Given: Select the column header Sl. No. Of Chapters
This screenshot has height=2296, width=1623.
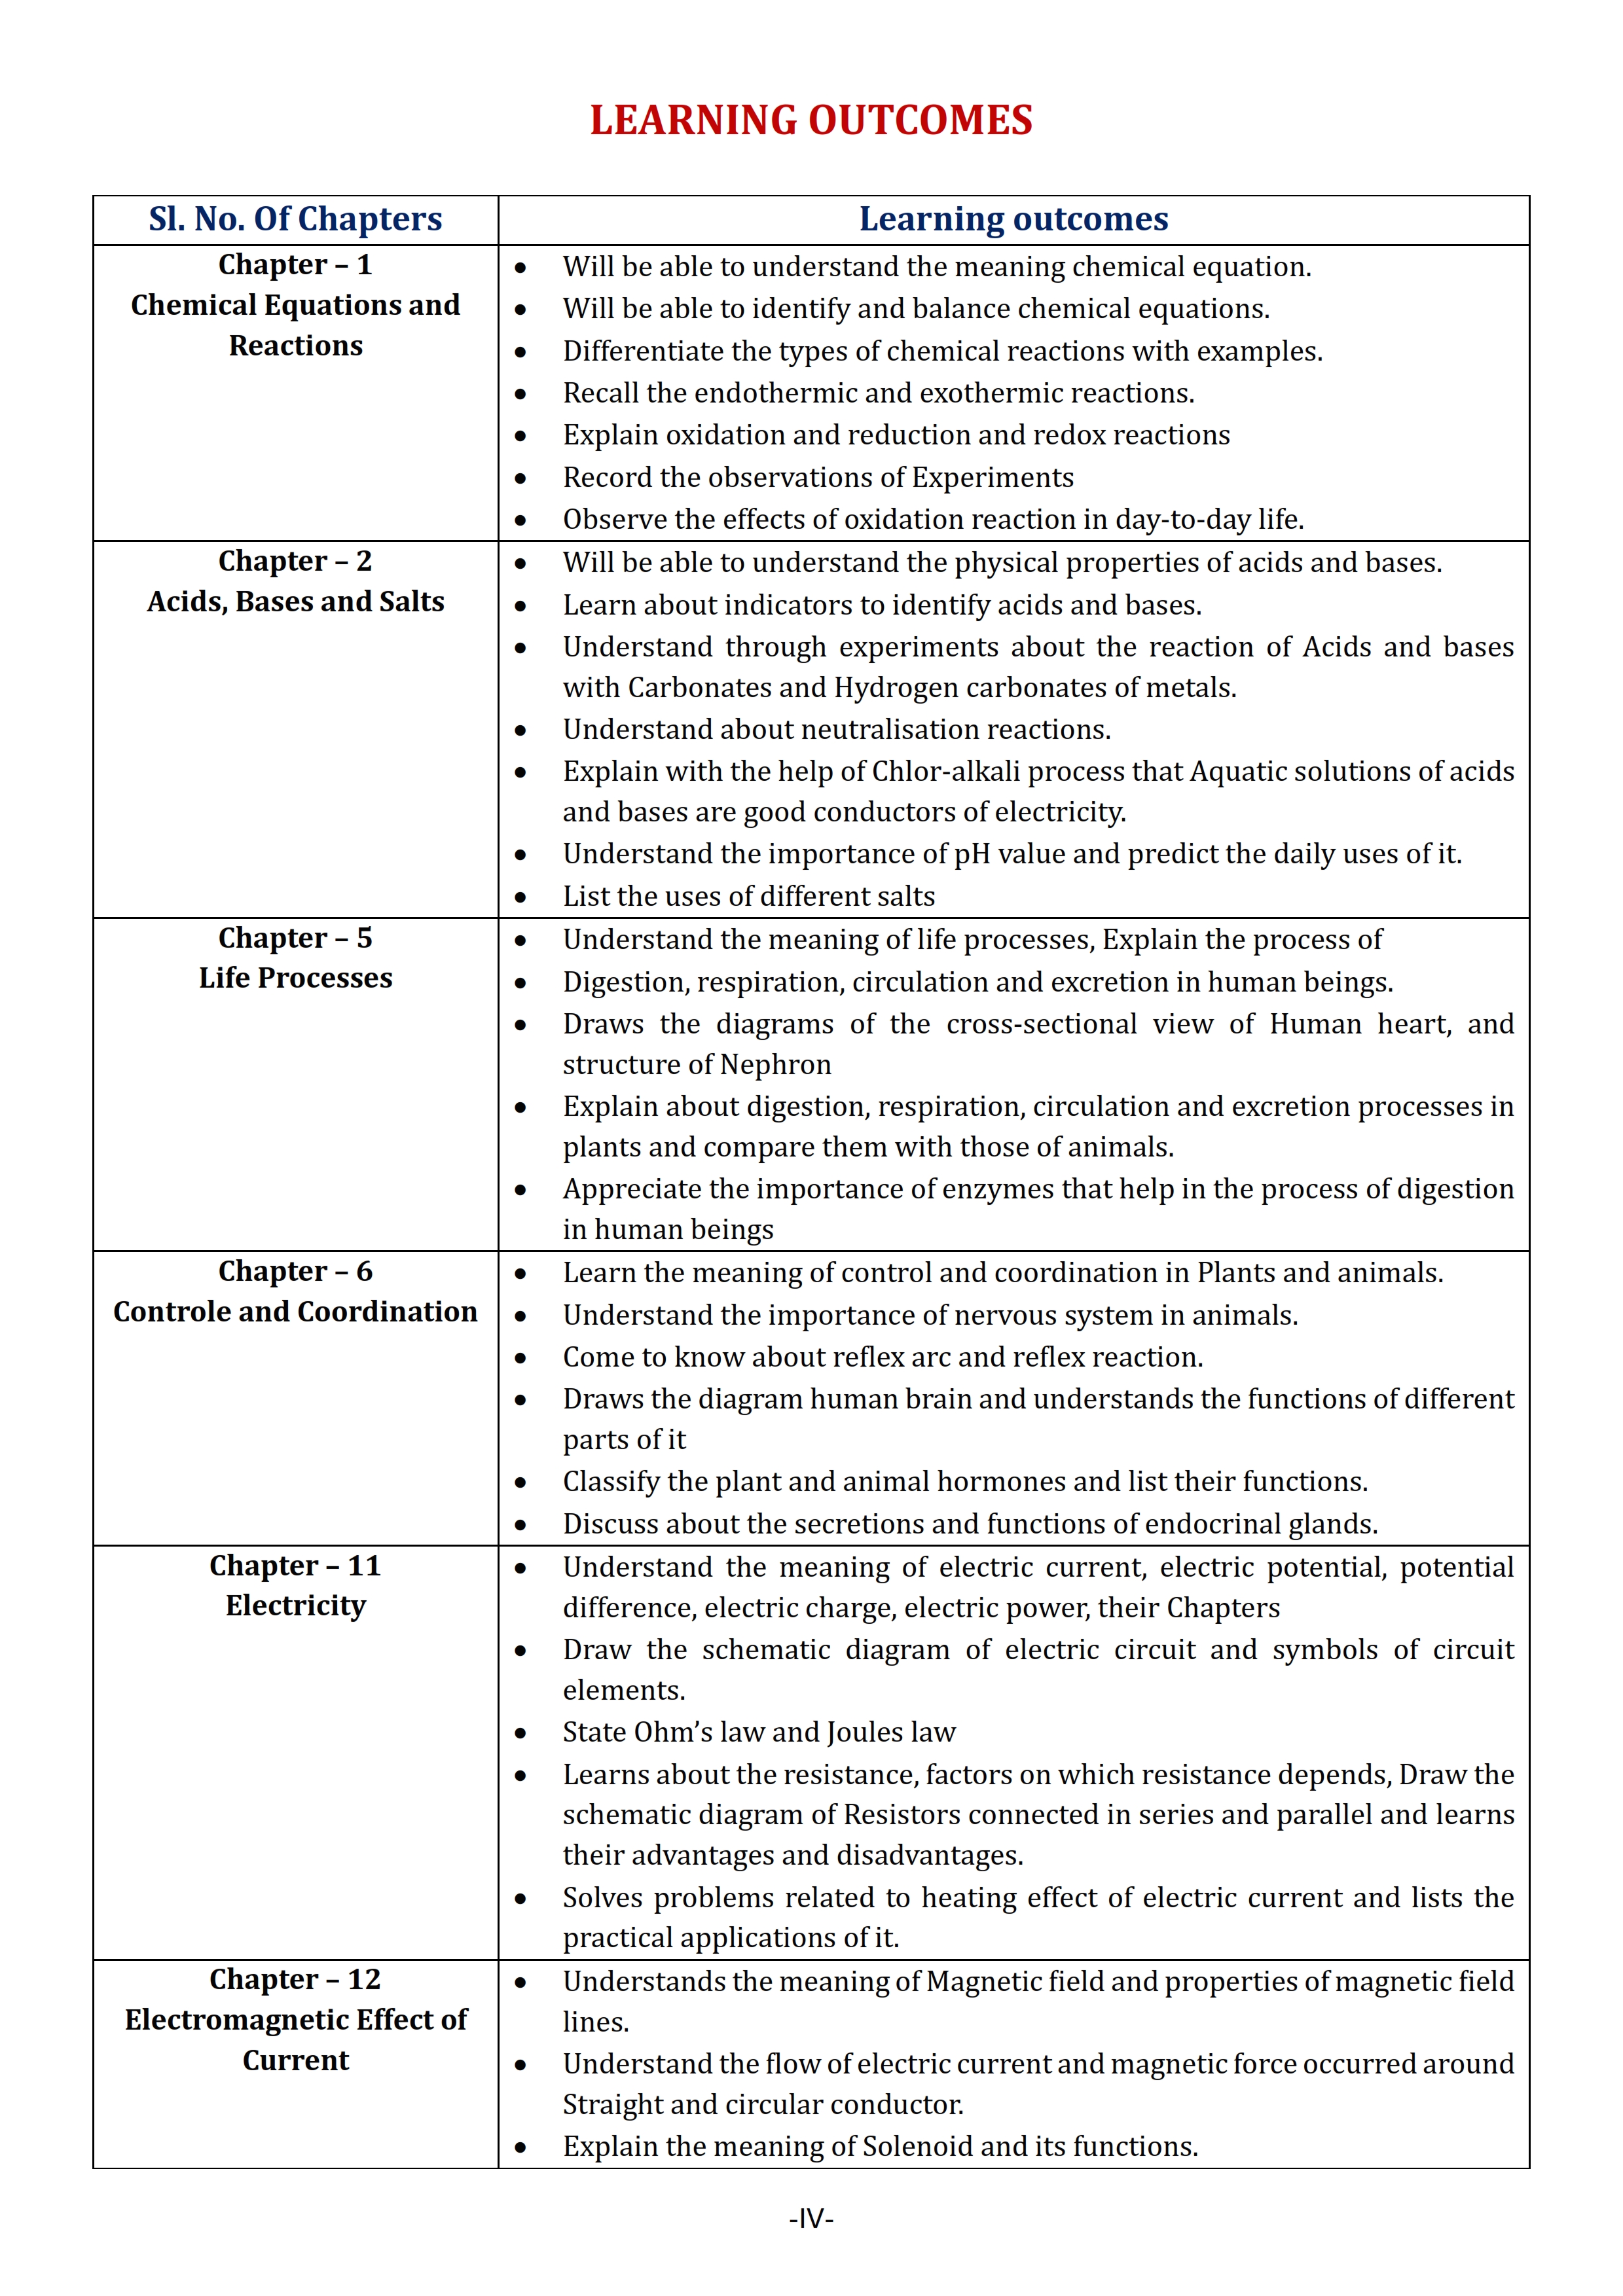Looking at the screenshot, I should click(x=295, y=219).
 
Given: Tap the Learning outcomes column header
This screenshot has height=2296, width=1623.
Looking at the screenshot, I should click(x=1013, y=219).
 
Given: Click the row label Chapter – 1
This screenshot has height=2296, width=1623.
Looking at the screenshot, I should click(x=295, y=265).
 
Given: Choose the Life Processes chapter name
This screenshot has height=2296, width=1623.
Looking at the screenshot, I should click(x=295, y=978).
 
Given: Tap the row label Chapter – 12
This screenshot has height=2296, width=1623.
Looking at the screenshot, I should click(x=295, y=1980).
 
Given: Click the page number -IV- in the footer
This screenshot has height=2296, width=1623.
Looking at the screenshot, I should click(x=811, y=2219).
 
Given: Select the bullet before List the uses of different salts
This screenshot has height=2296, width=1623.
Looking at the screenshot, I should click(x=520, y=898).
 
